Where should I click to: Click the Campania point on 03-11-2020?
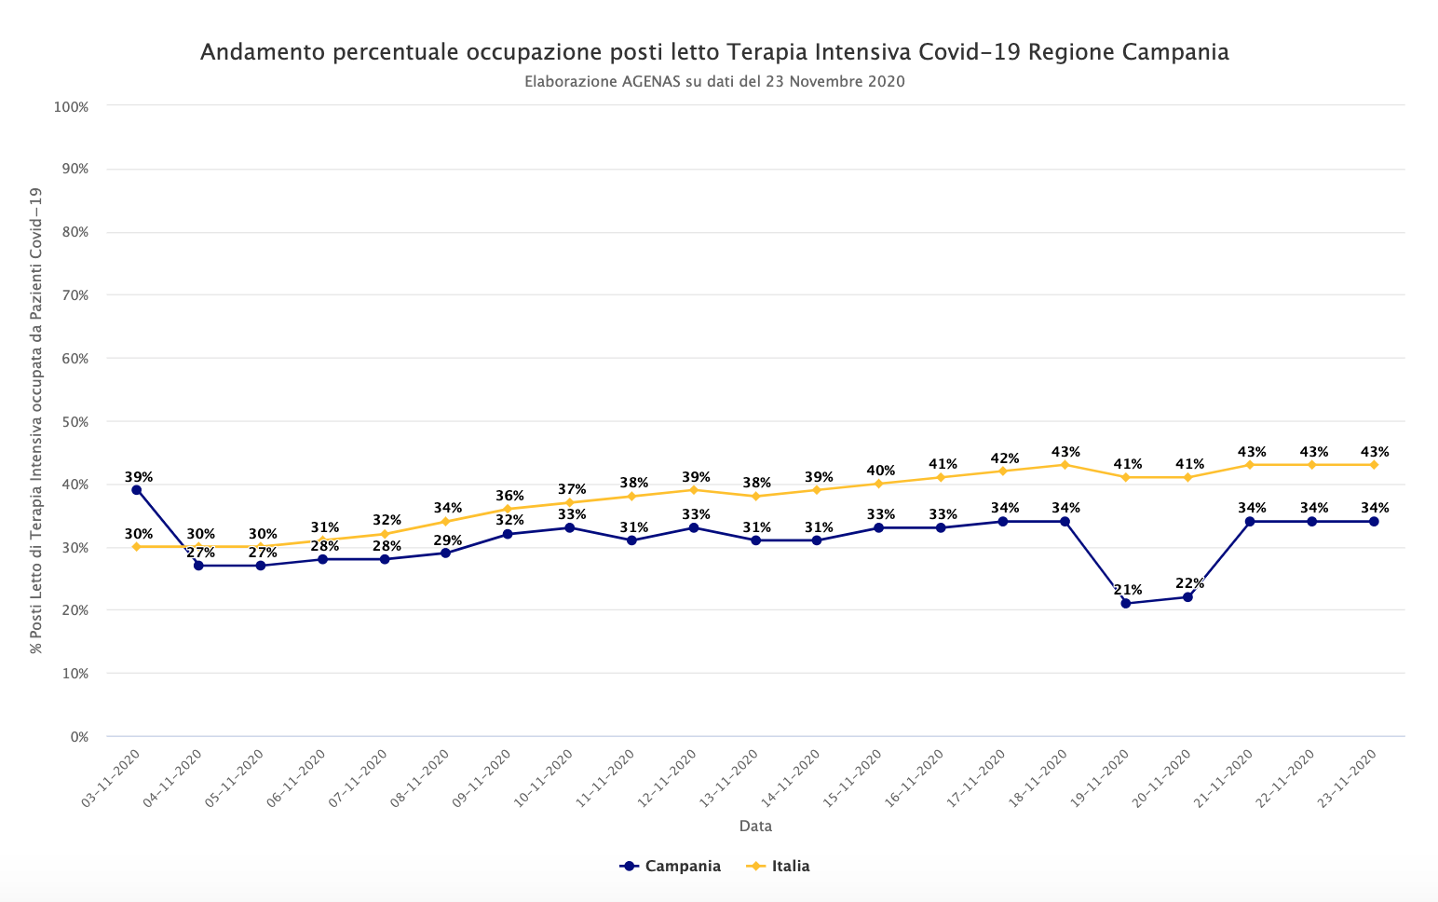click(x=137, y=490)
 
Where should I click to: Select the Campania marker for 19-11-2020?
click(x=1126, y=603)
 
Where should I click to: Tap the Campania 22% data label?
click(x=1189, y=584)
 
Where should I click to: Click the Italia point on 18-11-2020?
click(x=1065, y=465)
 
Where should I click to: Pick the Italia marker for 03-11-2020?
click(x=137, y=547)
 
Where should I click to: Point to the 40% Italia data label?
click(x=880, y=471)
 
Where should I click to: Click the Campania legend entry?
click(x=671, y=867)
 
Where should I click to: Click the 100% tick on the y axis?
click(x=72, y=107)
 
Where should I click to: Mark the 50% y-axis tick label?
click(x=75, y=421)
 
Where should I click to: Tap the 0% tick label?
click(x=79, y=736)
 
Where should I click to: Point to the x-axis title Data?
click(x=755, y=827)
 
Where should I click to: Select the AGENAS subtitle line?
click(x=714, y=82)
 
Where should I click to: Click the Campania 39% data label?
click(x=139, y=477)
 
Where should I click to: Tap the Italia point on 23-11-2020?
click(x=1374, y=465)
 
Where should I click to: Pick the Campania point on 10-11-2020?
click(x=569, y=528)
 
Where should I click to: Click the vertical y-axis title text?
click(x=36, y=419)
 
